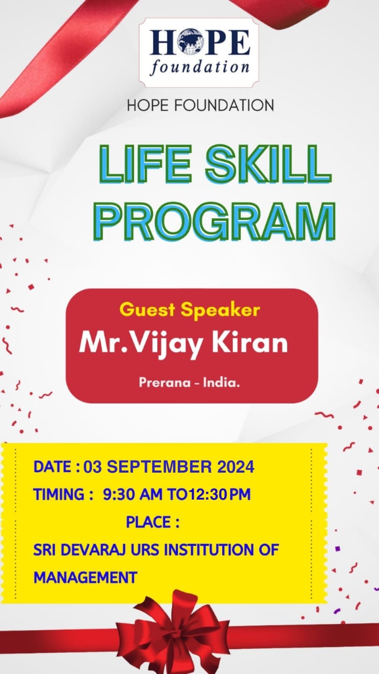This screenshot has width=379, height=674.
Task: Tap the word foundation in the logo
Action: tap(199, 67)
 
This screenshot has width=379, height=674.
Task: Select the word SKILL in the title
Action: tap(268, 164)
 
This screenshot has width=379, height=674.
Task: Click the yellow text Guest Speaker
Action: tap(190, 310)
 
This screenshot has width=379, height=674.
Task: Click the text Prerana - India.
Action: tap(189, 382)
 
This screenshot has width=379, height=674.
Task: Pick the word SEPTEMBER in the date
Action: tap(159, 467)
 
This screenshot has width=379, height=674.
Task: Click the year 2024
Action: tap(236, 467)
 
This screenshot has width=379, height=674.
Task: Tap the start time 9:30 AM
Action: tap(133, 494)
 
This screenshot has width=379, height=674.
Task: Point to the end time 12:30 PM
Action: tap(219, 494)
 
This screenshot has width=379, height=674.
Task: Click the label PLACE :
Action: tap(153, 522)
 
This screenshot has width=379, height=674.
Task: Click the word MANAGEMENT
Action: tap(86, 578)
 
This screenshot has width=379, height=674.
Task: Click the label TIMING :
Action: tap(64, 494)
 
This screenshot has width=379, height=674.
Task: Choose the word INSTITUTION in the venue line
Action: tap(209, 550)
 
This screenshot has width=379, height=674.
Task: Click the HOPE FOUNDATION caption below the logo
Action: tap(201, 105)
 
